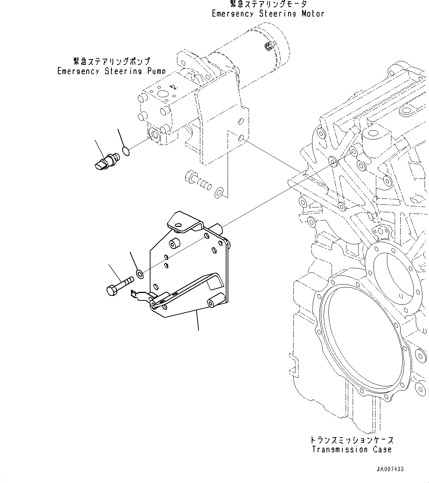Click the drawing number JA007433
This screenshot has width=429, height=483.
pos(390,469)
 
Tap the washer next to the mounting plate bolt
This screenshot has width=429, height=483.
pos(140,274)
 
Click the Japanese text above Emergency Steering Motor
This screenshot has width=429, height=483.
pos(268,4)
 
